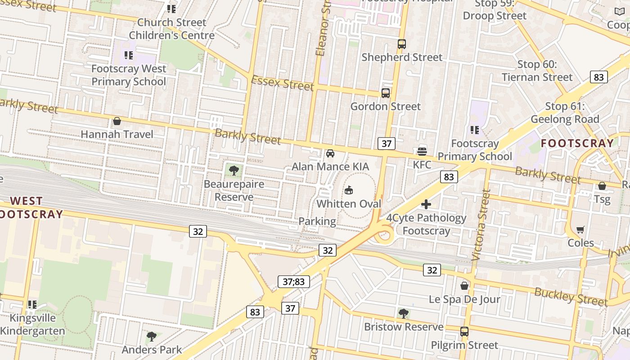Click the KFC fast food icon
pyautogui.click(x=422, y=151)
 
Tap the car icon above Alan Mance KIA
pyautogui.click(x=330, y=153)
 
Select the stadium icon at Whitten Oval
pyautogui.click(x=348, y=190)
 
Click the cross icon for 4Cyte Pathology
pyautogui.click(x=426, y=205)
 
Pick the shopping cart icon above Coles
pyautogui.click(x=580, y=230)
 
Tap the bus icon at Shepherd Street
pyautogui.click(x=402, y=44)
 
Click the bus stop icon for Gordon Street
pyautogui.click(x=386, y=93)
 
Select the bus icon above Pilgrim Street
pyautogui.click(x=464, y=332)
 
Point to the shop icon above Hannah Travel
pyautogui.click(x=117, y=121)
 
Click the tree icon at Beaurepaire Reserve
pyautogui.click(x=234, y=171)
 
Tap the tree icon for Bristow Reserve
pyautogui.click(x=404, y=314)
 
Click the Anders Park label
pyautogui.click(x=152, y=350)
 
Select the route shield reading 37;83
pyautogui.click(x=294, y=282)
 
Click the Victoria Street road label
pyautogui.click(x=481, y=225)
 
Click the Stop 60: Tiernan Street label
pyautogui.click(x=537, y=71)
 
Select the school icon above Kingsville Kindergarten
pyautogui.click(x=32, y=305)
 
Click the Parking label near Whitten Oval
pyautogui.click(x=317, y=221)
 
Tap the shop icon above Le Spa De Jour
pyautogui.click(x=464, y=286)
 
